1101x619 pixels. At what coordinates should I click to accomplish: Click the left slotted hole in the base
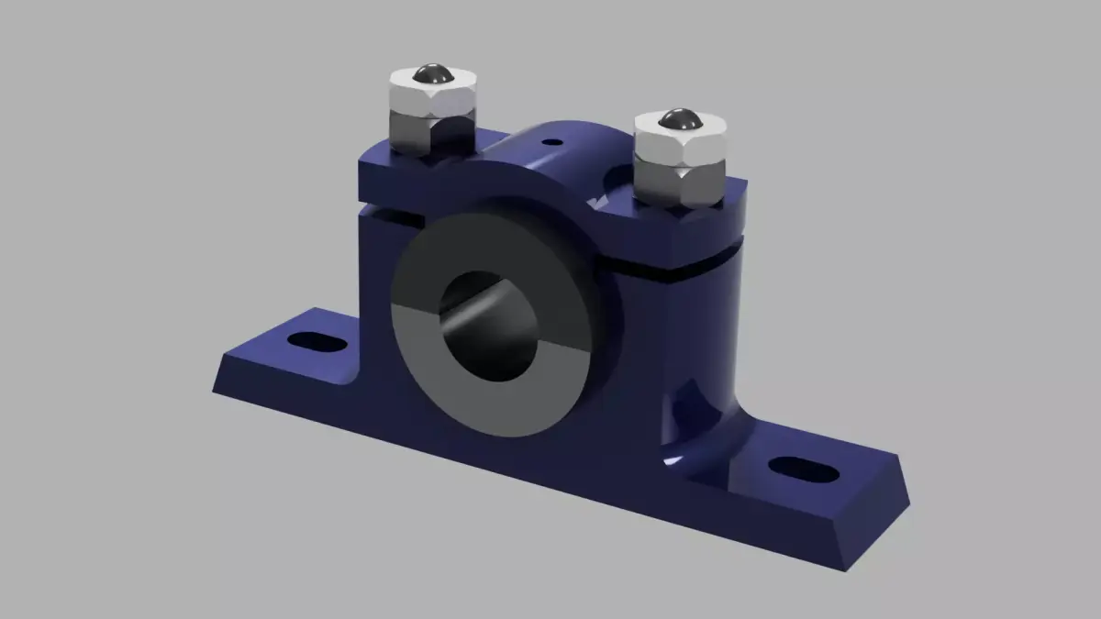[x=317, y=343]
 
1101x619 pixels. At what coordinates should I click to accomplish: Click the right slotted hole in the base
[x=804, y=471]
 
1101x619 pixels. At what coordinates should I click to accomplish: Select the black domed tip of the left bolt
[x=429, y=74]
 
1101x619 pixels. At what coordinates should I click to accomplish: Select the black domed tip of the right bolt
[x=680, y=118]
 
